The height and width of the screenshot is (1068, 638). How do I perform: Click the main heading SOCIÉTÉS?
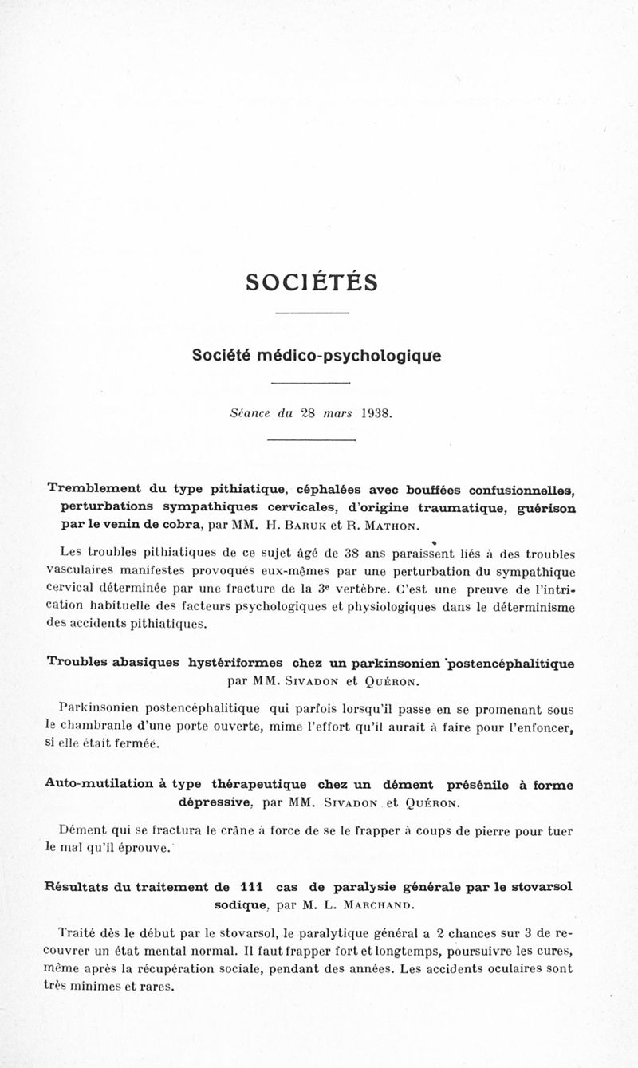coord(312,282)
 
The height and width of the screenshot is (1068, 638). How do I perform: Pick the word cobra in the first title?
coord(176,525)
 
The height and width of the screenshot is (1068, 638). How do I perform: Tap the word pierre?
coord(482,830)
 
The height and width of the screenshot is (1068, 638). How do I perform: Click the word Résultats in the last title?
coord(81,886)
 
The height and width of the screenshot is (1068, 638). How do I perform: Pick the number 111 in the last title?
coord(252,886)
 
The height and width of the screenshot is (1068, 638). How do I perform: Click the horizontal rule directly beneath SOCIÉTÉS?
coord(311,312)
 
